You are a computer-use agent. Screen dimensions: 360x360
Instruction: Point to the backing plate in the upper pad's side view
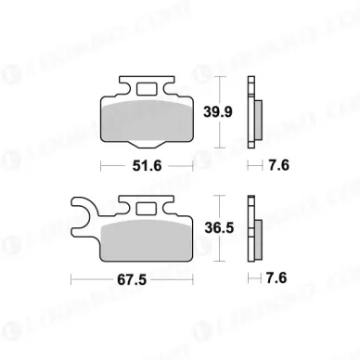248,113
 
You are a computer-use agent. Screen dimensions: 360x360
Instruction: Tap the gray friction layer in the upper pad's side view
253,115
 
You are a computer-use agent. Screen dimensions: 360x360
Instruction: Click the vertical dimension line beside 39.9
219,113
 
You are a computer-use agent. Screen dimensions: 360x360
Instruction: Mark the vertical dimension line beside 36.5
219,228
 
